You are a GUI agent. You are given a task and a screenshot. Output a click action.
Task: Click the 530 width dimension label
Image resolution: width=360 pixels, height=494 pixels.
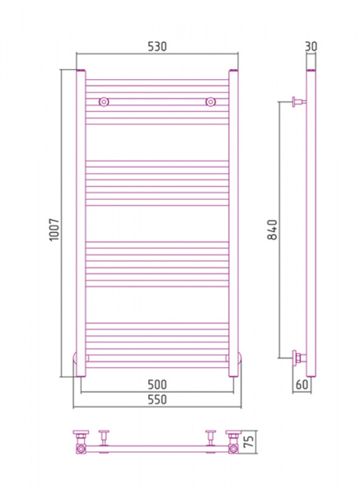[157, 46]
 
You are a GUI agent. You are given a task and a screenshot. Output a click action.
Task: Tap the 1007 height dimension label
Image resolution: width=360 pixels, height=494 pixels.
[54, 230]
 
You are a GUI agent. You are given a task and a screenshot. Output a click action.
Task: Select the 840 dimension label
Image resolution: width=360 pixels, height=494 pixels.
[272, 230]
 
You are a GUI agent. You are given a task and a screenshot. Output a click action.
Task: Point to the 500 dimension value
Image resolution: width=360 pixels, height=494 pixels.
[157, 384]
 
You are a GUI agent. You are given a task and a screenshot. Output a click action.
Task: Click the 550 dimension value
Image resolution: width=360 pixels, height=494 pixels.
[157, 399]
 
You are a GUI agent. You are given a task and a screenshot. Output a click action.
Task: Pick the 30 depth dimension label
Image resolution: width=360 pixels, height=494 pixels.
[311, 46]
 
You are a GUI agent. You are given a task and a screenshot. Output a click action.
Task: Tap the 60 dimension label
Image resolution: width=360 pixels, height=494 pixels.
[302, 384]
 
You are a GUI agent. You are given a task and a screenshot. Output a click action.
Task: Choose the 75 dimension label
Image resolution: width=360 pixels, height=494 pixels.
[249, 441]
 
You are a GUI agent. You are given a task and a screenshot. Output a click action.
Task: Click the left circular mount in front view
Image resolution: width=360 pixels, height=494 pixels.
[104, 102]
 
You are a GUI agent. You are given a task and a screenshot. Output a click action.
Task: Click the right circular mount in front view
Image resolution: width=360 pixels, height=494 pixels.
[211, 102]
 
